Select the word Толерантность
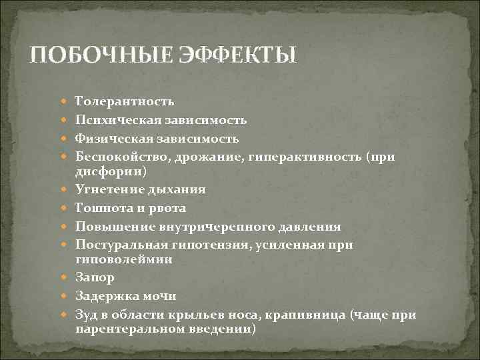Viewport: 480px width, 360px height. [x=125, y=101]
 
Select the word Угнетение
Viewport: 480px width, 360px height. [x=105, y=189]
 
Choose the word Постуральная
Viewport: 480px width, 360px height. [x=117, y=245]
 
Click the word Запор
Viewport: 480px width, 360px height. [x=95, y=277]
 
